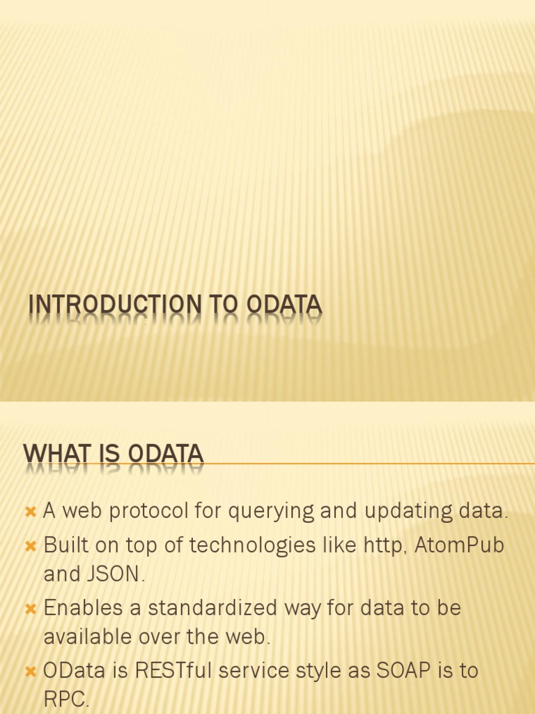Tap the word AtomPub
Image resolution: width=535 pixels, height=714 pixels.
[x=459, y=545]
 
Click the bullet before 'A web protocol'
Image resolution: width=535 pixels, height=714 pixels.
[x=30, y=512]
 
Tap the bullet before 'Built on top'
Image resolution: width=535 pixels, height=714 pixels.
[x=30, y=546]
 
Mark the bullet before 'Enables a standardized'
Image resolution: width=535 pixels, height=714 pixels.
[x=30, y=608]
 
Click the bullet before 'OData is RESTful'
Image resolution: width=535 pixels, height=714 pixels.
[x=30, y=671]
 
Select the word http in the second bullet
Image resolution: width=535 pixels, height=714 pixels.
[x=384, y=545]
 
